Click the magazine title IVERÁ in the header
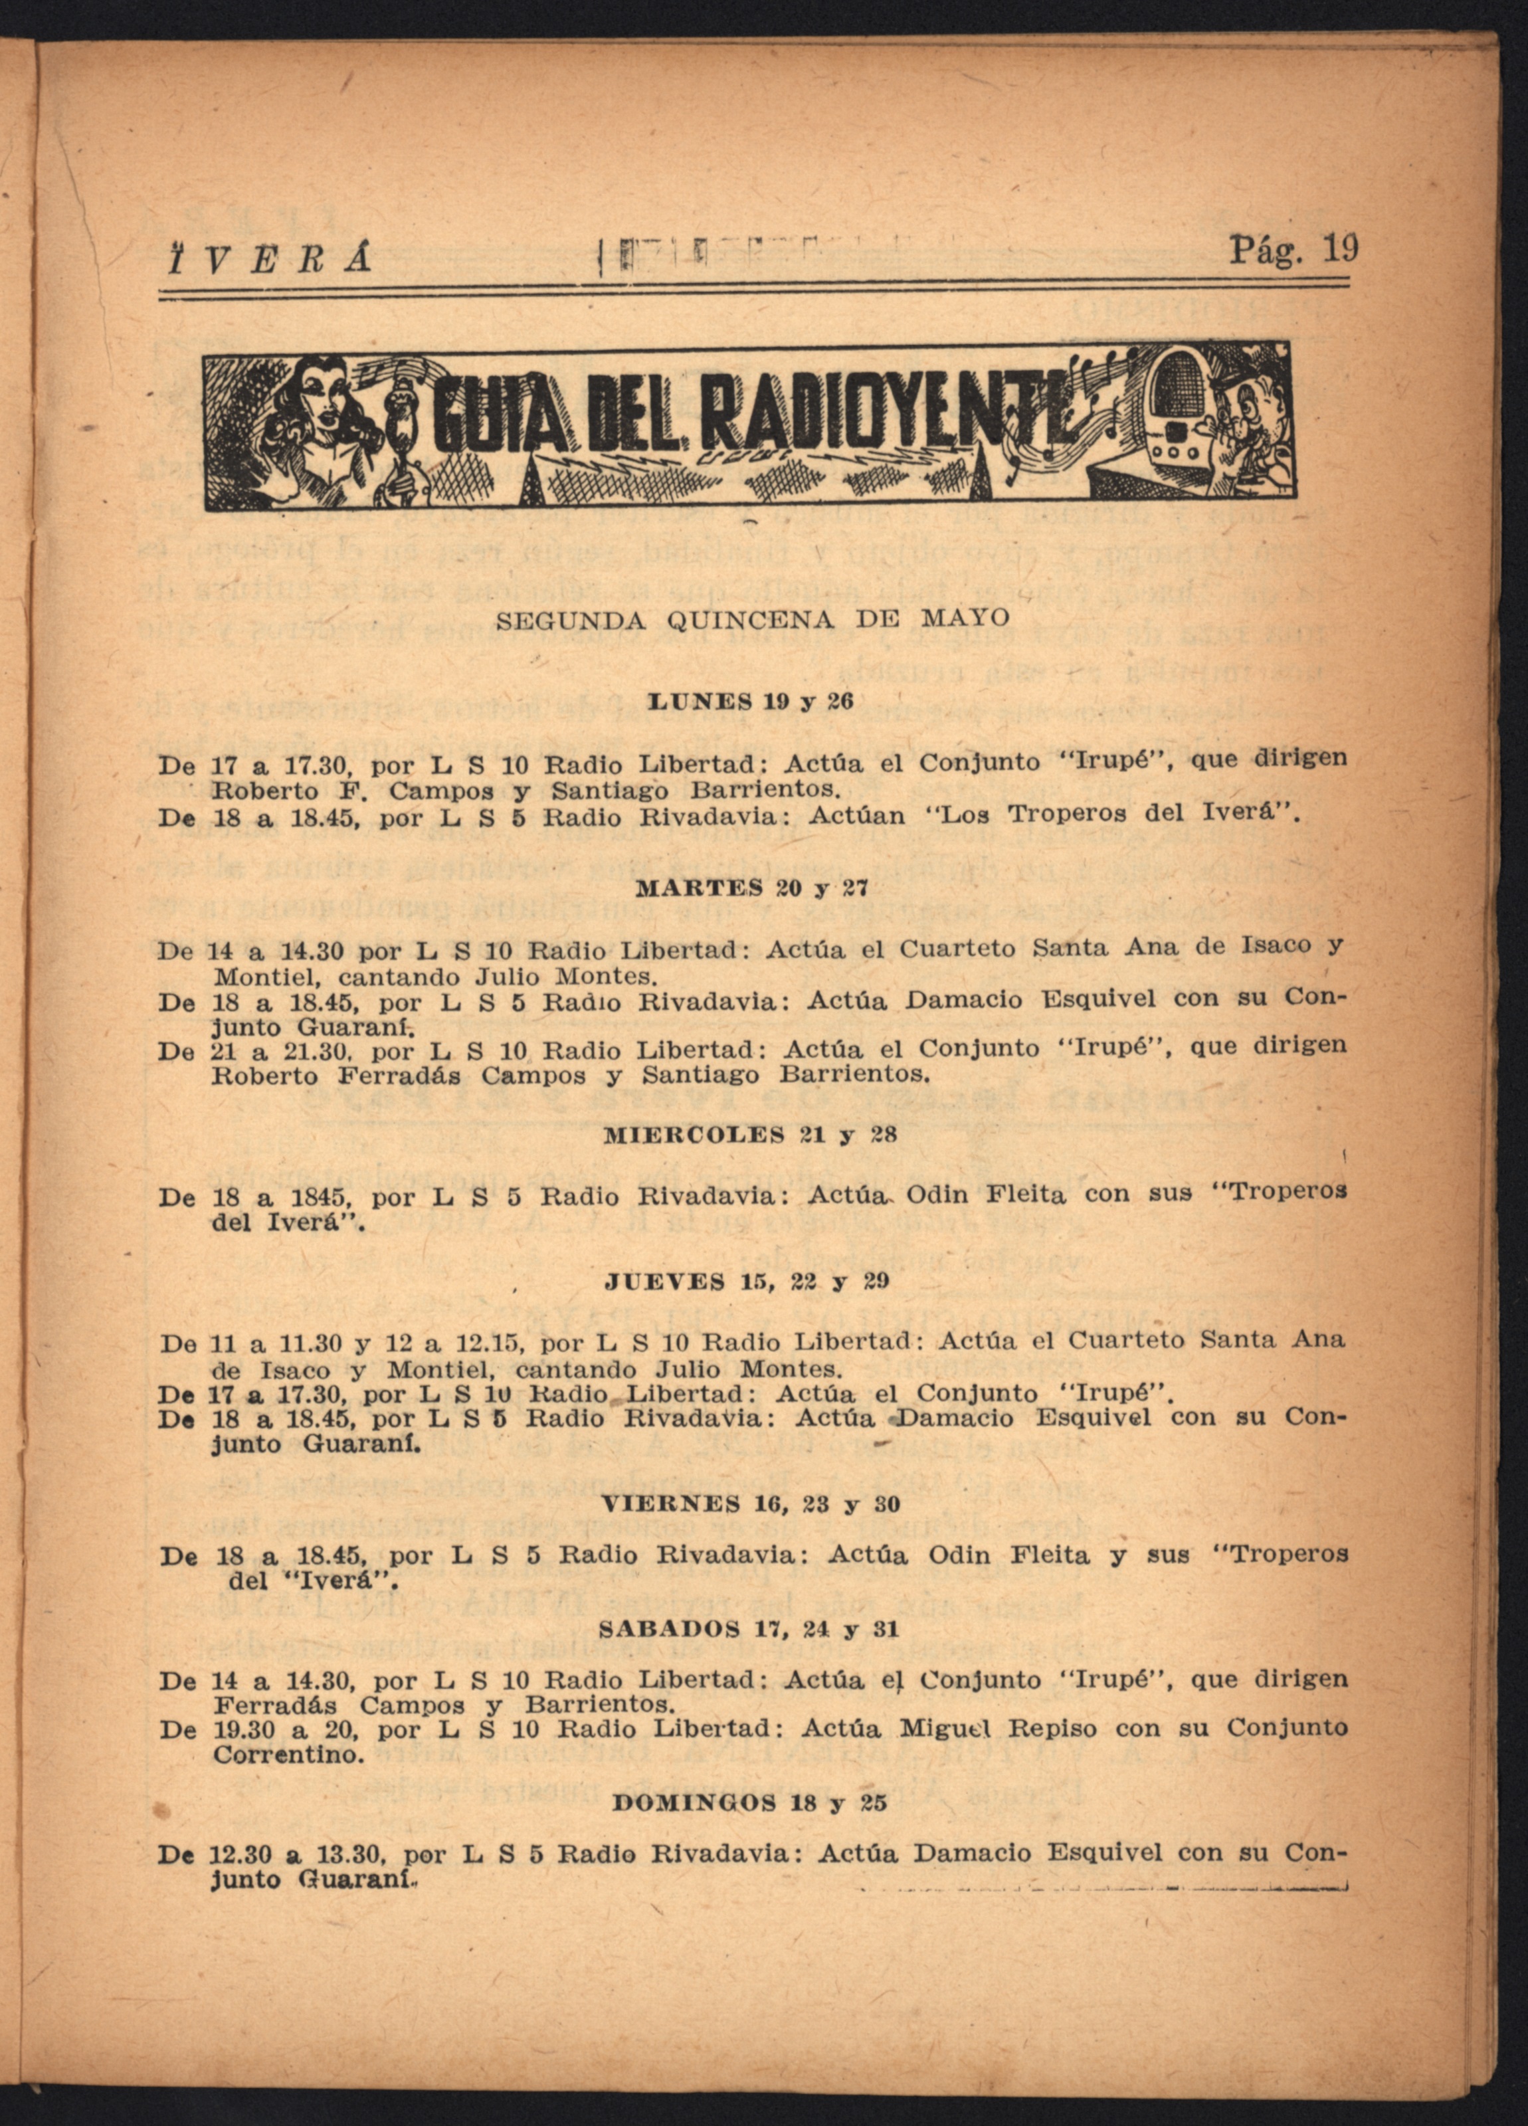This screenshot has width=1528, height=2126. click(x=267, y=256)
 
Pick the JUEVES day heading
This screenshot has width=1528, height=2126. click(x=662, y=1282)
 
